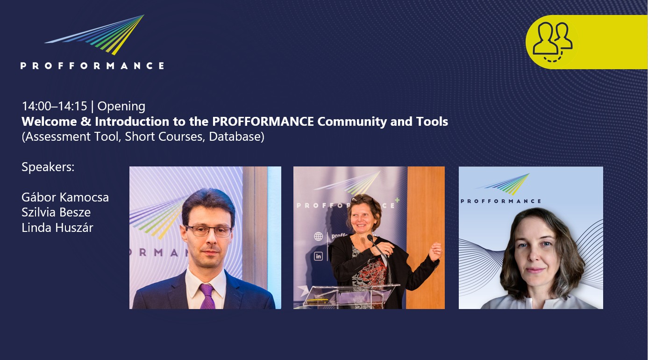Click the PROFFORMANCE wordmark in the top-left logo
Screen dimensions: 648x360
coord(93,66)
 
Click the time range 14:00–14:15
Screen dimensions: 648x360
coord(55,106)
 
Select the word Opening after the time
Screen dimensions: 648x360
coord(121,107)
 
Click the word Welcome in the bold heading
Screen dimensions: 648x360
coord(49,122)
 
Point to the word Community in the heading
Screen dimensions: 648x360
coord(352,122)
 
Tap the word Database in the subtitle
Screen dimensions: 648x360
coord(236,137)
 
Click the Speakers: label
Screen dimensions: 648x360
coord(48,167)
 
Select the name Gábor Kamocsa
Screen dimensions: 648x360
coord(65,197)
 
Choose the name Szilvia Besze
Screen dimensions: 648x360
coord(56,212)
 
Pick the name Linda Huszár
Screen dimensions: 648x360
coord(57,228)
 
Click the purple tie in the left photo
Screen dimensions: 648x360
coord(207,296)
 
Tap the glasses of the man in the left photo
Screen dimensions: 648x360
coord(208,231)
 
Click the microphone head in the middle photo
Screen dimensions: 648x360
coord(370,238)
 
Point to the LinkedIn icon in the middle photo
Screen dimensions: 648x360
coord(318,256)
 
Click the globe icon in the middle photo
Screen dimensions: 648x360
coord(318,237)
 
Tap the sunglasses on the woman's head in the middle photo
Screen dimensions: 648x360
coord(362,198)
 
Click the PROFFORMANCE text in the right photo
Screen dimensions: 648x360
coord(501,201)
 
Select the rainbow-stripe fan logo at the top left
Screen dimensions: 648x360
coord(94,35)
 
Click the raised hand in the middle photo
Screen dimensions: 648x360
coord(435,252)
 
